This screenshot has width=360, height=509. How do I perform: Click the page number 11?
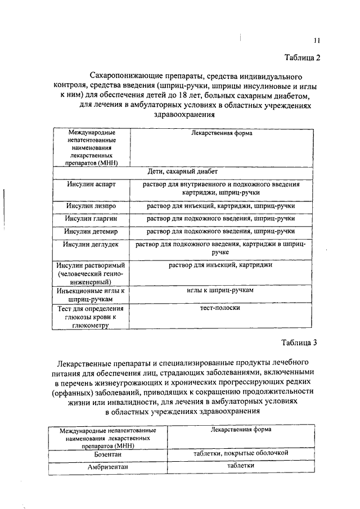tap(317, 40)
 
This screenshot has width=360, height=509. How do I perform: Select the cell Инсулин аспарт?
tap(89, 184)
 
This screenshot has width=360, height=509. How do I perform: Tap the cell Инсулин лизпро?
tap(90, 206)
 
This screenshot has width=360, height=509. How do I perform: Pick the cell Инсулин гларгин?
tap(90, 218)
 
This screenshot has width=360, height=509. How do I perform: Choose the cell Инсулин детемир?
tap(90, 231)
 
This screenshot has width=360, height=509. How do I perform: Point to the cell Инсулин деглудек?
tap(90, 244)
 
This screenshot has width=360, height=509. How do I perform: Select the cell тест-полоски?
tap(220, 308)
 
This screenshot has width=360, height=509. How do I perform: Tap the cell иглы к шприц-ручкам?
tap(220, 290)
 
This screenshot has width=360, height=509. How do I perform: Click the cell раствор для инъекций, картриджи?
tap(220, 264)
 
